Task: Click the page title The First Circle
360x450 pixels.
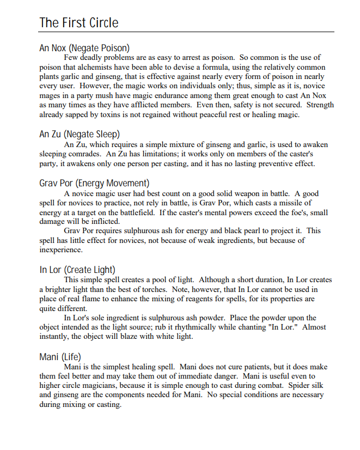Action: click(79, 23)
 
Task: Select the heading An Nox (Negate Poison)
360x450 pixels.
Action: click(84, 48)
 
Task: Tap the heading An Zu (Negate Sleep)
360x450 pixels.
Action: click(80, 134)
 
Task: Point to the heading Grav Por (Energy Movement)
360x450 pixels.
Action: click(94, 183)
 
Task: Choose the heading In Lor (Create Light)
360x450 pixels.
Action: click(77, 270)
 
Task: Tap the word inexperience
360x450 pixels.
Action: click(60, 250)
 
